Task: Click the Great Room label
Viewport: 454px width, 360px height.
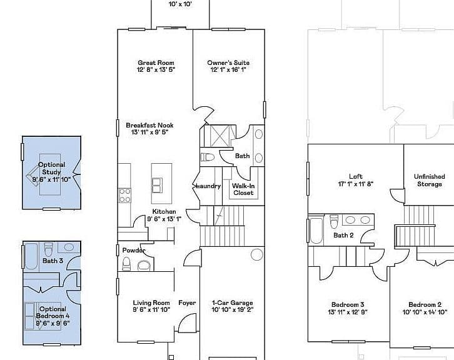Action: (156, 62)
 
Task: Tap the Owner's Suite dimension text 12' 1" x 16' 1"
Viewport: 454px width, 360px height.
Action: (228, 70)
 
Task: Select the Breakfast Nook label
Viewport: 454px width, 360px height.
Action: (149, 125)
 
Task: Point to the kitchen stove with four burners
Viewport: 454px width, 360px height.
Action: (125, 196)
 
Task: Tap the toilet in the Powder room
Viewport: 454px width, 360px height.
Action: (126, 263)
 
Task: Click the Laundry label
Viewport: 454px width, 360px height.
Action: (208, 186)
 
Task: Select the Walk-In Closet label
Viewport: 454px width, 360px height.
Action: (243, 189)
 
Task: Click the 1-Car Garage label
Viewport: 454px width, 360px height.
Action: (233, 303)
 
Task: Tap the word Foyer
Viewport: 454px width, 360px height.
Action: (187, 303)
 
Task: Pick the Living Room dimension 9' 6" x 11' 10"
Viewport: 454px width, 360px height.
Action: (151, 310)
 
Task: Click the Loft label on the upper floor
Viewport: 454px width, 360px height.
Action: (356, 176)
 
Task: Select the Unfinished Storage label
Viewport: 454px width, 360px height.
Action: (430, 180)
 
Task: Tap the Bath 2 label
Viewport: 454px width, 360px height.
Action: (343, 235)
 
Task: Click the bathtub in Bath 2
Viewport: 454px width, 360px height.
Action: (316, 231)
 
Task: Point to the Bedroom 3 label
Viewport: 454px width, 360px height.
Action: (348, 305)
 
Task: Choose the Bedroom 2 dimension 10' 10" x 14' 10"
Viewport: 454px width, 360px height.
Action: (425, 312)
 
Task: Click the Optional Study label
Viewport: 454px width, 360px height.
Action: (51, 168)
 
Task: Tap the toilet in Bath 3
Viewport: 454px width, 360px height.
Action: (48, 249)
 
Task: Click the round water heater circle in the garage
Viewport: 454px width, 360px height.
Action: (257, 254)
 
